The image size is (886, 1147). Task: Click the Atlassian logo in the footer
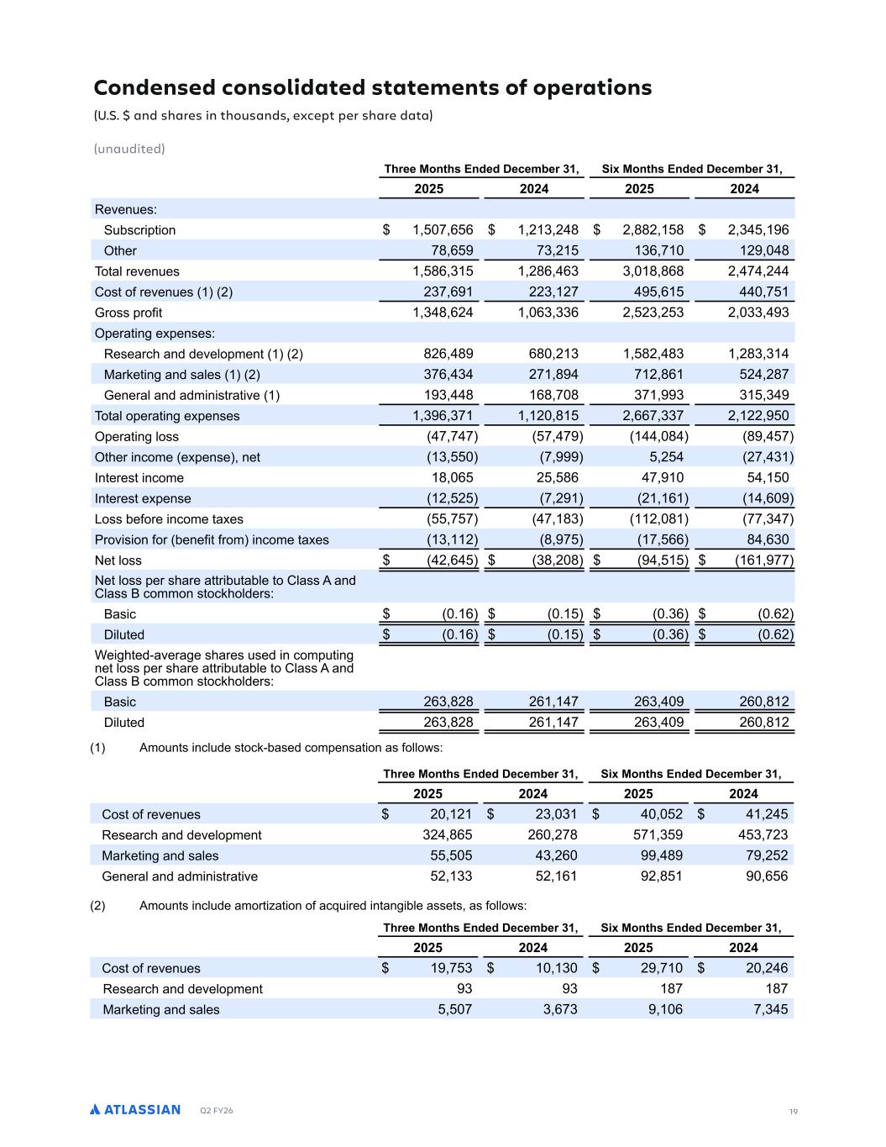click(x=135, y=1109)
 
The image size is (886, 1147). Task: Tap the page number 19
click(x=793, y=1112)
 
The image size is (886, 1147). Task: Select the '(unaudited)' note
click(x=129, y=149)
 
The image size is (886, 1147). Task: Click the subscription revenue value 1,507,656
click(x=443, y=230)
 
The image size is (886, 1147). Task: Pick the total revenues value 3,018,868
click(x=653, y=271)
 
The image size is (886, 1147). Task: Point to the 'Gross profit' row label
click(x=128, y=313)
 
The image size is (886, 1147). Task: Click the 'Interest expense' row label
click(x=143, y=499)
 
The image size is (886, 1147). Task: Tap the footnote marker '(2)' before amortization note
click(x=97, y=906)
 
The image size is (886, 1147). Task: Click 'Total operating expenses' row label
click(x=167, y=416)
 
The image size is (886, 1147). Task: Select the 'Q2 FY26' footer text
click(x=217, y=1111)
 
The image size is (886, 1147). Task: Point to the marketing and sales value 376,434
click(x=446, y=375)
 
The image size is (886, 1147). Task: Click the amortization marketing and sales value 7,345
click(x=771, y=1009)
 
